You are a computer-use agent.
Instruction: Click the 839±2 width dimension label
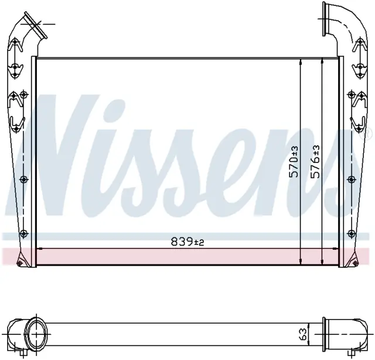pyautogui.click(x=187, y=242)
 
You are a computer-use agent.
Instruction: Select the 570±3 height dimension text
pyautogui.click(x=294, y=162)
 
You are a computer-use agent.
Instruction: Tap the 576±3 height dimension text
pyautogui.click(x=315, y=162)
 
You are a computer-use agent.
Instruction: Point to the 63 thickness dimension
pyautogui.click(x=302, y=334)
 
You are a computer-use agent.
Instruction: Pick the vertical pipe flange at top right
pyautogui.click(x=325, y=19)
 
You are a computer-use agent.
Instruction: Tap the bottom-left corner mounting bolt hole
pyautogui.click(x=20, y=263)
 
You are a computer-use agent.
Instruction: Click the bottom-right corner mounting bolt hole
pyautogui.click(x=355, y=263)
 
